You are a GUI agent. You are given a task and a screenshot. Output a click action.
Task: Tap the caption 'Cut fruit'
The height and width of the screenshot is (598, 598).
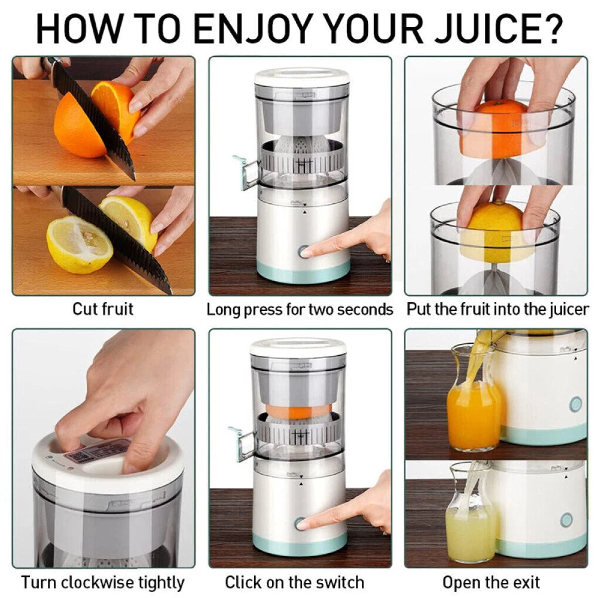pos(103,309)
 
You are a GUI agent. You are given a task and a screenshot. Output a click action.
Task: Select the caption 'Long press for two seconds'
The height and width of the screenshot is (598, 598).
pos(300,310)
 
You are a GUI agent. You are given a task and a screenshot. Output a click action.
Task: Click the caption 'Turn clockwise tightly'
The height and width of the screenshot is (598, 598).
pos(103,582)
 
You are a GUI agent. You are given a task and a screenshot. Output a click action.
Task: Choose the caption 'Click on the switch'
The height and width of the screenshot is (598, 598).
pos(294,582)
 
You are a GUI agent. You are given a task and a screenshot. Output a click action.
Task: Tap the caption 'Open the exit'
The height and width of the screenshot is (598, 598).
pos(491,582)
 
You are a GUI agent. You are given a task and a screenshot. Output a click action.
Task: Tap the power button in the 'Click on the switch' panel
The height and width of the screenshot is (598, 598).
pos(300,524)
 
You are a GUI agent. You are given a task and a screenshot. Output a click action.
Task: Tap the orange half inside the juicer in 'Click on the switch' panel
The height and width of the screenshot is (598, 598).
pos(298,411)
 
